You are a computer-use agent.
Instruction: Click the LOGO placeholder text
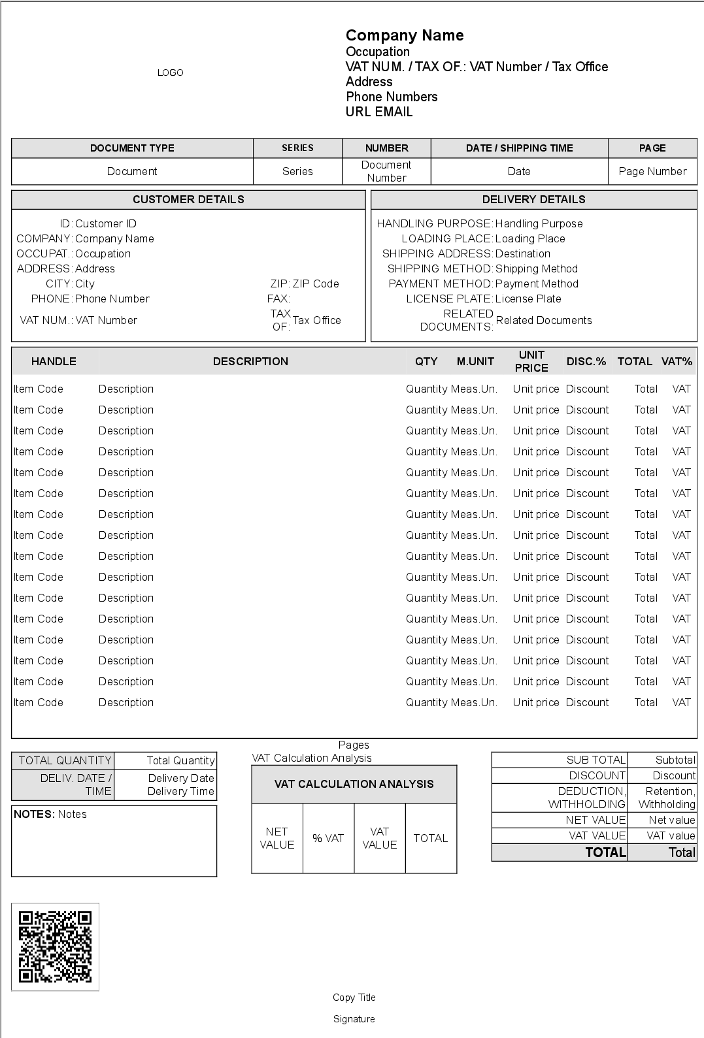click(x=170, y=73)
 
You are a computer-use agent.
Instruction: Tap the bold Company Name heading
click(x=405, y=35)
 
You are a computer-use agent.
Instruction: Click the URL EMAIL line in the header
click(x=379, y=112)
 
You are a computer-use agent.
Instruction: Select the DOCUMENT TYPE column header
click(x=132, y=148)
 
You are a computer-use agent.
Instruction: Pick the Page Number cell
click(x=652, y=171)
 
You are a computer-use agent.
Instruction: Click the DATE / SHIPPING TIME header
click(x=519, y=148)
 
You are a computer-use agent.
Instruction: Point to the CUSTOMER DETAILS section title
click(x=188, y=199)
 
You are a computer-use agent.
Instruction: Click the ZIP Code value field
click(x=316, y=284)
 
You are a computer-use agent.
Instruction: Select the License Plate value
click(x=528, y=299)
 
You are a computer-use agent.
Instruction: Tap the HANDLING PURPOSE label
click(x=435, y=223)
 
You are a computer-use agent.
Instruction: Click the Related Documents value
click(x=544, y=320)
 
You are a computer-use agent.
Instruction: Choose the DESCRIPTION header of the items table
click(x=250, y=361)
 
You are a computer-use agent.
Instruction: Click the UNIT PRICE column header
click(x=531, y=361)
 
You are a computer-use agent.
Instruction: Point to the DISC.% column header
click(x=586, y=361)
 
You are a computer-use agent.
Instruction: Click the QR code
click(x=55, y=947)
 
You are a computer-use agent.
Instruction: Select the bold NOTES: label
click(x=34, y=814)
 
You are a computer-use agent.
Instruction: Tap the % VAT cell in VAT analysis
click(x=328, y=838)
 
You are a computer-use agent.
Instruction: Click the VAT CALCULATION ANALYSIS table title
click(x=354, y=784)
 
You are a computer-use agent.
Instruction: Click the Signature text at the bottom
click(x=354, y=1019)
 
